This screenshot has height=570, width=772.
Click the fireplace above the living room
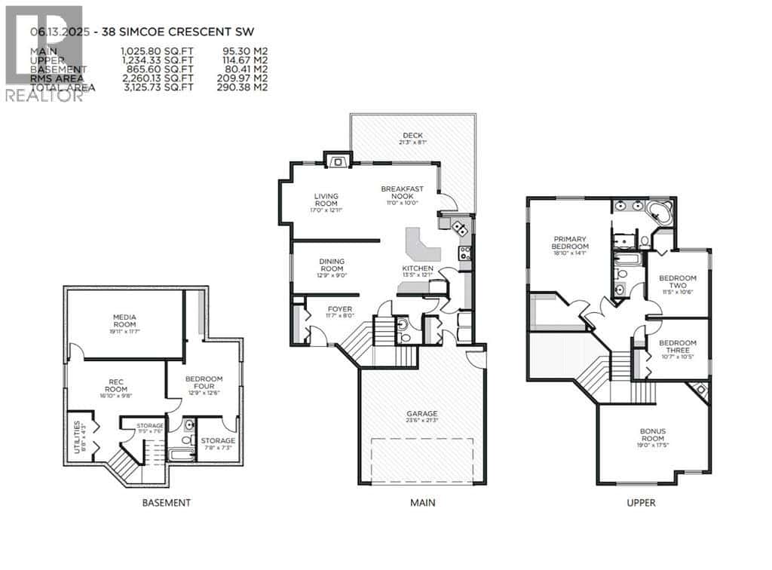click(x=337, y=159)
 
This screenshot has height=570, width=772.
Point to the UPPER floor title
click(x=641, y=503)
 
